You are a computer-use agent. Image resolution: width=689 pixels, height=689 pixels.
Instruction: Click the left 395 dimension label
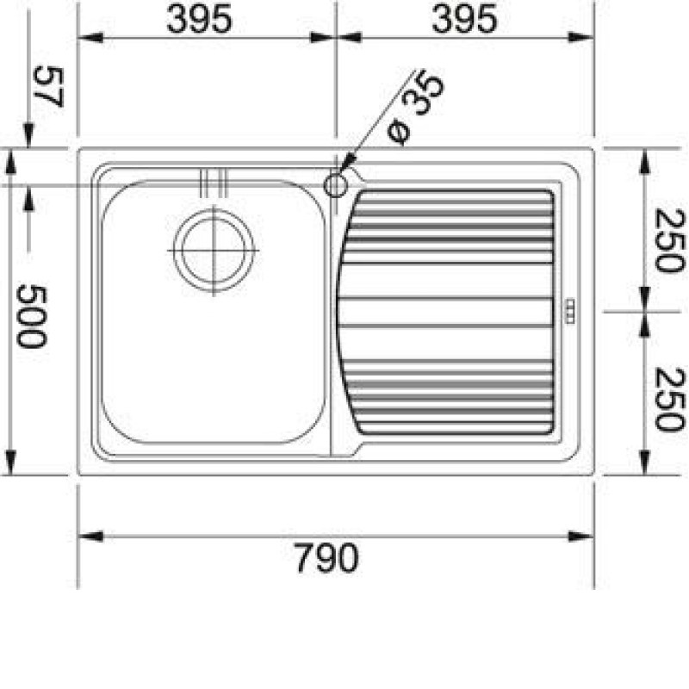(199, 19)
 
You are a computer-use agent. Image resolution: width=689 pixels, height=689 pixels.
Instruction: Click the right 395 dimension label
(464, 19)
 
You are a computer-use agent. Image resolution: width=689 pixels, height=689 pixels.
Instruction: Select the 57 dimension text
(48, 86)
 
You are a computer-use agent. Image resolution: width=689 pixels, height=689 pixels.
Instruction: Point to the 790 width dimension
(326, 557)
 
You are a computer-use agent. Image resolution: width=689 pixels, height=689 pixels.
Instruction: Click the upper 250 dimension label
(670, 240)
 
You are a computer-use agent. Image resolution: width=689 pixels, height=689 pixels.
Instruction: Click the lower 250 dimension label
(670, 399)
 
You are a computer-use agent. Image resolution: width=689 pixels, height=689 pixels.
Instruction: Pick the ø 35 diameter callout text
(416, 108)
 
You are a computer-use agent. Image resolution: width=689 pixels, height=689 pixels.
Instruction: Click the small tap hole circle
(336, 185)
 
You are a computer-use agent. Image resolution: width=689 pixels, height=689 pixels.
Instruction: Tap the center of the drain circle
(214, 251)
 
